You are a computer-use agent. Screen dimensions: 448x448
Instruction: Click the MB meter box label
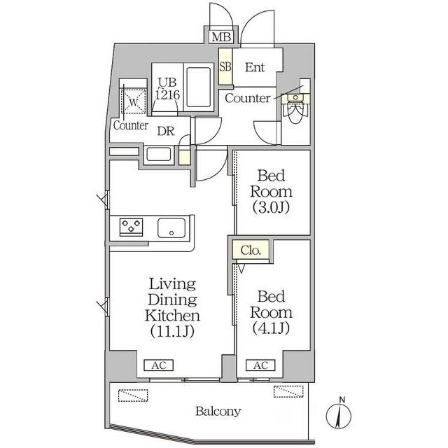[x=221, y=37]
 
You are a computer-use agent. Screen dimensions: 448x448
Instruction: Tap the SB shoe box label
[x=225, y=66]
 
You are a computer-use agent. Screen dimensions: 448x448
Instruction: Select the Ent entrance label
[x=255, y=67]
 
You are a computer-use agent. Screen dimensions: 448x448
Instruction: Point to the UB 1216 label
[x=167, y=89]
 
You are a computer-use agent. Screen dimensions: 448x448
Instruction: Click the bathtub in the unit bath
[x=199, y=87]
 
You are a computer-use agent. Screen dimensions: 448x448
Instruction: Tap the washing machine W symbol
[x=134, y=101]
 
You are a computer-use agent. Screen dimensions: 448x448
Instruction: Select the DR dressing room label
[x=166, y=131]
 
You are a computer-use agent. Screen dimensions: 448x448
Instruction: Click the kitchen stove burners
[x=131, y=227]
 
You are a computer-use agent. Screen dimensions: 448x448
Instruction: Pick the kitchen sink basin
[x=171, y=228]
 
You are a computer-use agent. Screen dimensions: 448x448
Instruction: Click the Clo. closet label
[x=251, y=251]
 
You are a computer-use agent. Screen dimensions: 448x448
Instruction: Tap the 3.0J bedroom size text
[x=271, y=207]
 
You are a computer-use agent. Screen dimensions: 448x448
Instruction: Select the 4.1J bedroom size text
[x=271, y=328]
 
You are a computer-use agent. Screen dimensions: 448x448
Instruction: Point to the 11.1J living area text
[x=173, y=331]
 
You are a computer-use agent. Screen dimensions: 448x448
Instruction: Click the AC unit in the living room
[x=159, y=365]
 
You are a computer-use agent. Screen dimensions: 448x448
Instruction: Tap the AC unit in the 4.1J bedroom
[x=260, y=365]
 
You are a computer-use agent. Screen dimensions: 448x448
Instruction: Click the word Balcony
[x=218, y=412]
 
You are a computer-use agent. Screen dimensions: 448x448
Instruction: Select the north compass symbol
[x=339, y=414]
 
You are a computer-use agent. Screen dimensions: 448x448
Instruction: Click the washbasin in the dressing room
[x=159, y=155]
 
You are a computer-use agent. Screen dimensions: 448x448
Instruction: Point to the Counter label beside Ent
[x=247, y=98]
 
